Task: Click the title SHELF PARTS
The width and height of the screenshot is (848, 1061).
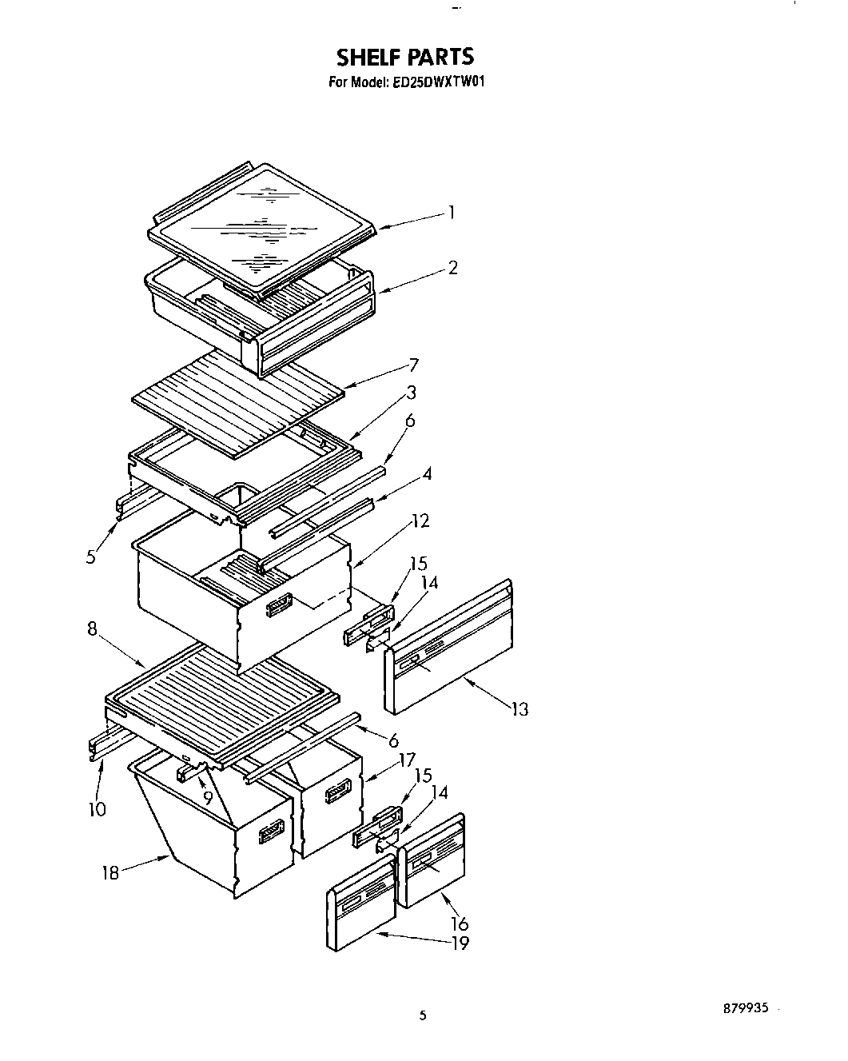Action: [404, 57]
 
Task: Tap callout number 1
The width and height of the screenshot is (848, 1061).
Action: [452, 213]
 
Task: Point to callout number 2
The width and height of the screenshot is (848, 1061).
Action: [452, 268]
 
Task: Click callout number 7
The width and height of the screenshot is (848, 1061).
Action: [413, 365]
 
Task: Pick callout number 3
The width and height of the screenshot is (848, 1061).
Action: [411, 393]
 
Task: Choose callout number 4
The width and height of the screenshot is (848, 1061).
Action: [428, 474]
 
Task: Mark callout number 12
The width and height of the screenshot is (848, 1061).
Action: [421, 521]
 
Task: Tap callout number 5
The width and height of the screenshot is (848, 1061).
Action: [92, 557]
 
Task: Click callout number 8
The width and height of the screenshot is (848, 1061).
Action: [93, 629]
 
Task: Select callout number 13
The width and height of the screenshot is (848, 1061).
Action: [520, 709]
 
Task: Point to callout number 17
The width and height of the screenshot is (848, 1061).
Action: [407, 760]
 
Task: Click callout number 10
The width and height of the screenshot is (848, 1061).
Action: [97, 809]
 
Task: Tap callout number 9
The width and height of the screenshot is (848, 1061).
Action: [208, 798]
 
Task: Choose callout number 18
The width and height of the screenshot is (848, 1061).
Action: [110, 873]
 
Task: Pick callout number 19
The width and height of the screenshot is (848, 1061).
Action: [460, 943]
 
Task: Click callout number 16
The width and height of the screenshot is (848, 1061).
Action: [460, 924]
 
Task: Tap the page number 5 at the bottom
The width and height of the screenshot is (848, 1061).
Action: [424, 1017]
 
